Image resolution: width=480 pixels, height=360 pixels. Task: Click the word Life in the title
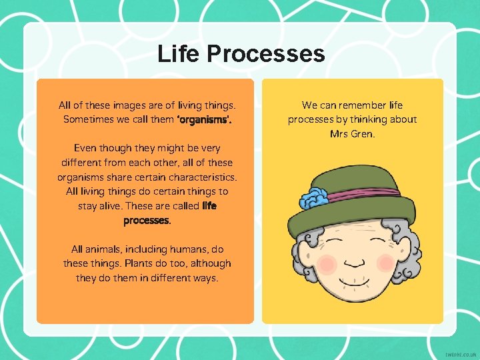[179, 54]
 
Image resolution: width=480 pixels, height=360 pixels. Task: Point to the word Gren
[361, 134]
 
